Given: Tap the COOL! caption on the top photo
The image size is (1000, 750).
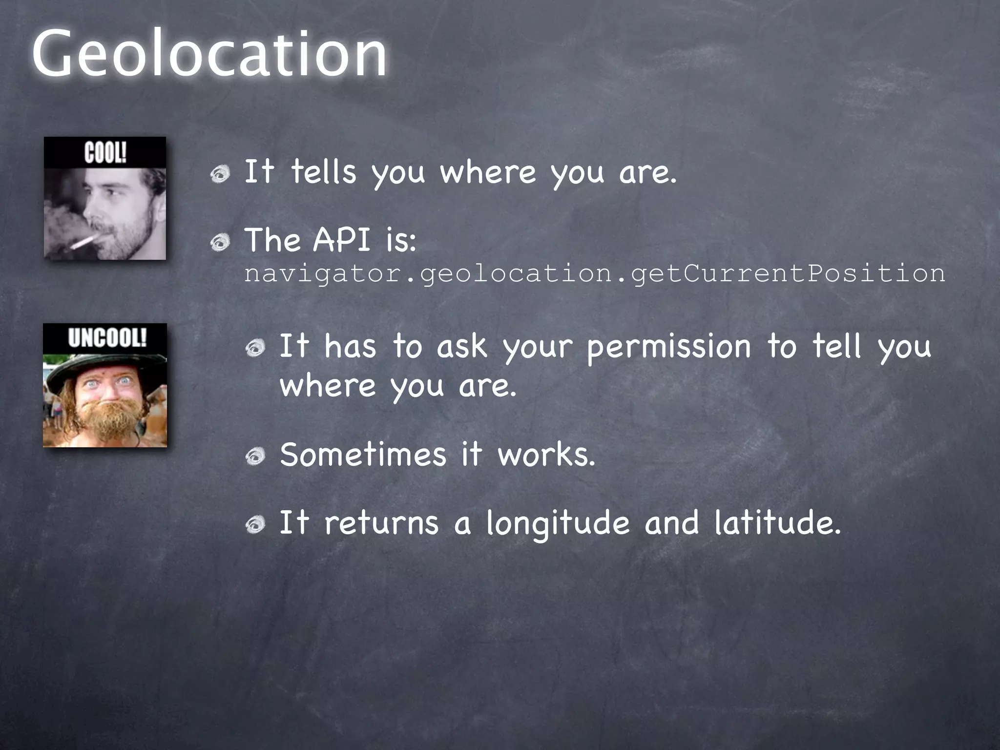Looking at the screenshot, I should click(x=105, y=153).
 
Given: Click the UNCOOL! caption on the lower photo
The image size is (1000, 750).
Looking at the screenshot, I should click(x=107, y=338).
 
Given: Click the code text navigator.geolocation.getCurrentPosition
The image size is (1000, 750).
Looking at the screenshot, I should click(x=594, y=273).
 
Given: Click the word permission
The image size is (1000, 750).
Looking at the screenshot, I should click(x=668, y=347).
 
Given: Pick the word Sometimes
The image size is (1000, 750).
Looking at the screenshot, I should click(x=363, y=455).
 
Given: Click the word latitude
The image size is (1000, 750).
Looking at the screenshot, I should click(x=777, y=522).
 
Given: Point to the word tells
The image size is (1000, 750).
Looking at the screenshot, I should click(x=323, y=172).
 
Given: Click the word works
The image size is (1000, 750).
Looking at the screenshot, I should click(x=546, y=455).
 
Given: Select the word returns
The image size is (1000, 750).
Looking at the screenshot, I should click(x=381, y=522).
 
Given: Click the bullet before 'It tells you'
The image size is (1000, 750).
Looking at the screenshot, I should click(x=220, y=174).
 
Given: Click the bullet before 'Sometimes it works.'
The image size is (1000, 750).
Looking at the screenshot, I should click(x=255, y=457).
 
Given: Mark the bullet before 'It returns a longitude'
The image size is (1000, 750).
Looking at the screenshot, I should click(x=255, y=524).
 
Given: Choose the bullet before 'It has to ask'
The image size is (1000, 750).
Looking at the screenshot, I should click(x=255, y=348).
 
